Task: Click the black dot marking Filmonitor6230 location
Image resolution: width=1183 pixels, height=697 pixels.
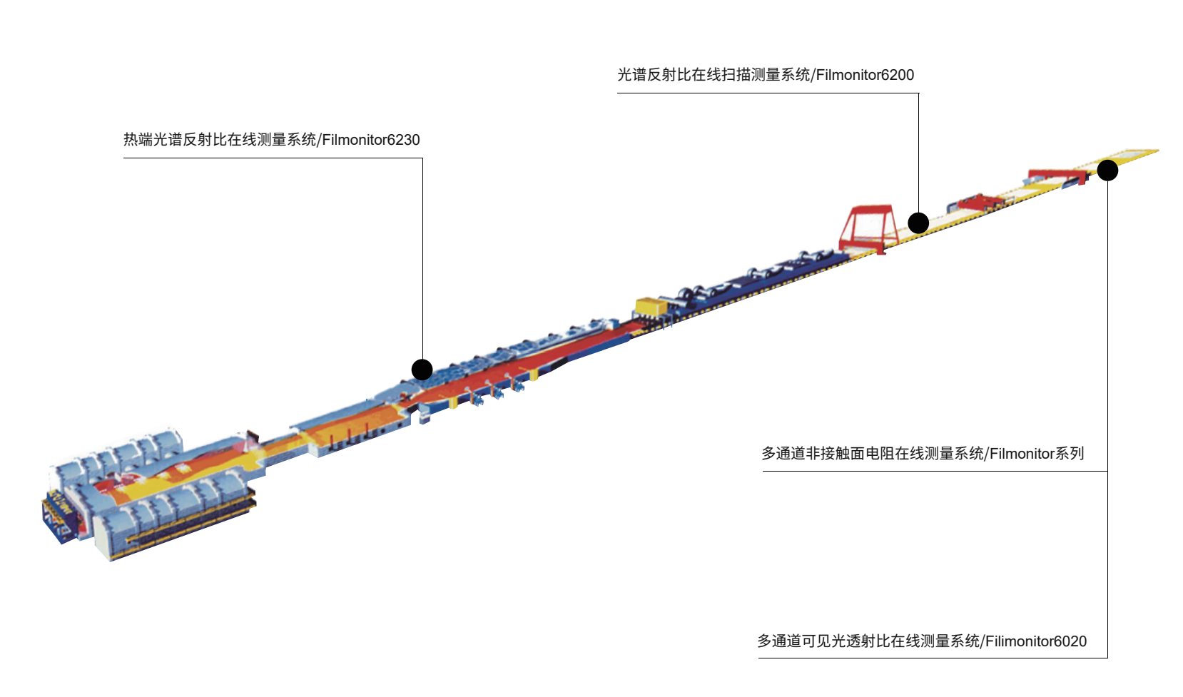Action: pos(422,370)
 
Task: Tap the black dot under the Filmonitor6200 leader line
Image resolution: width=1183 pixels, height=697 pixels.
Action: pos(918,223)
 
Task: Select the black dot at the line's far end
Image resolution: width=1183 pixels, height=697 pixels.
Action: pos(1107,170)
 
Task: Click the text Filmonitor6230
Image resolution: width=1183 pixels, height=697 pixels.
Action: pos(371,140)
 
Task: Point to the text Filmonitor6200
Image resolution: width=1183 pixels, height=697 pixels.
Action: pos(865,75)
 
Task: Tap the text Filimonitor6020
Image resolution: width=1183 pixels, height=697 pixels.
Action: pos(1036,641)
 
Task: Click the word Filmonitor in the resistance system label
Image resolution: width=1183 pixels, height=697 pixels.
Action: pos(1022,454)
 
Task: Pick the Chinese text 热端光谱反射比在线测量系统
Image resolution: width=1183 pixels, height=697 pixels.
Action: pos(220,140)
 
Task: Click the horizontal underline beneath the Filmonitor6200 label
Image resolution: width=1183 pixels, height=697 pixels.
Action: pos(768,93)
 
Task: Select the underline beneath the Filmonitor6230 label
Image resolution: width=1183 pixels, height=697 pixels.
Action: pos(273,158)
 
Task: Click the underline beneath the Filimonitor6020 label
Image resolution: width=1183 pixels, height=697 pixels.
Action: pos(933,658)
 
